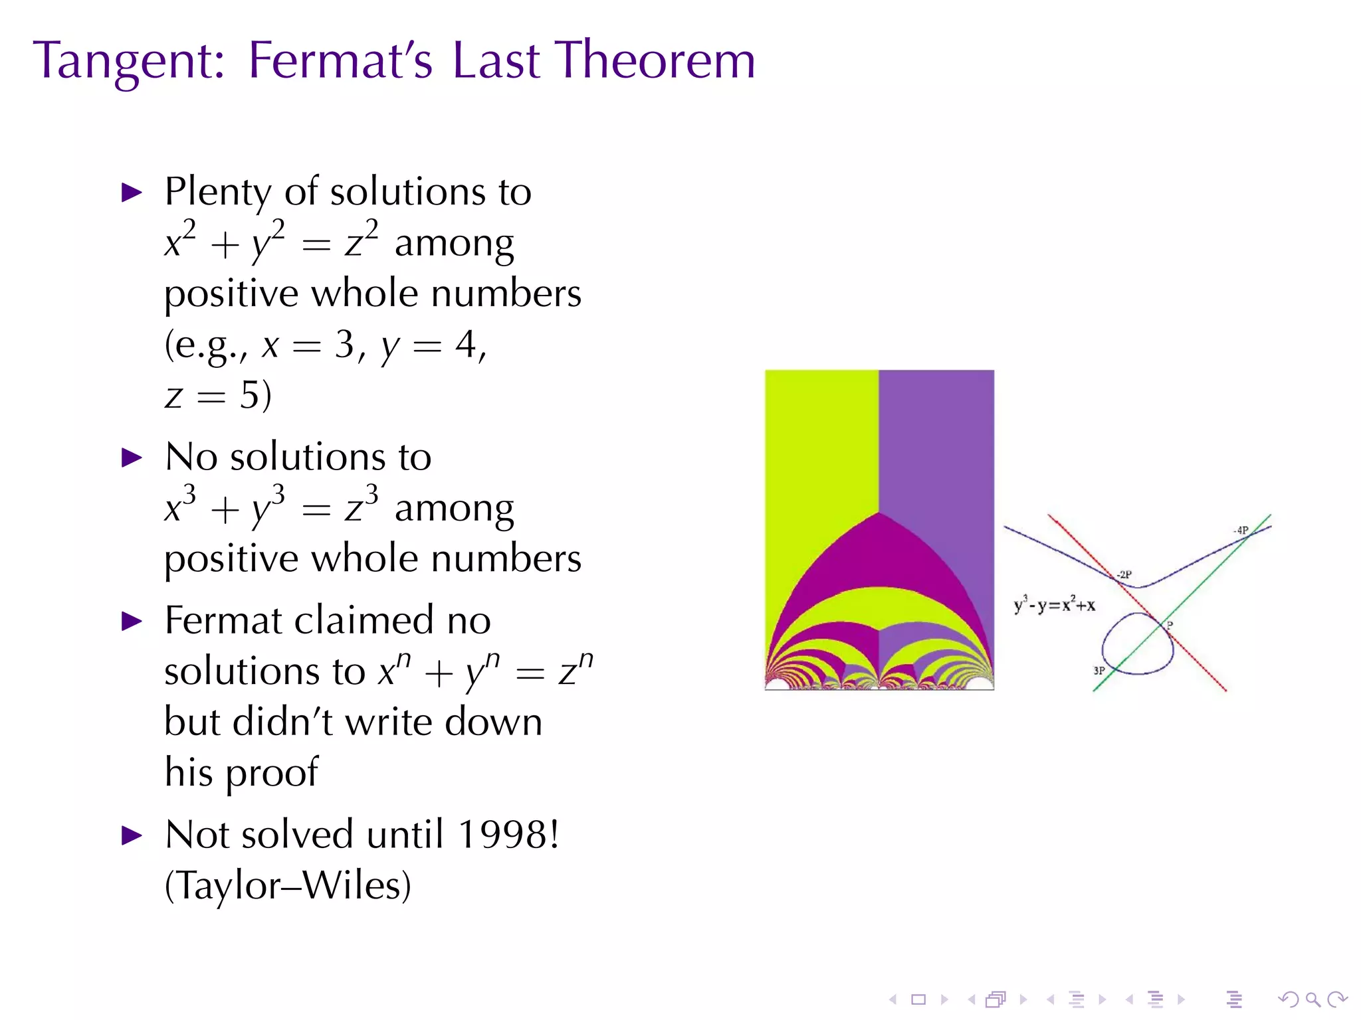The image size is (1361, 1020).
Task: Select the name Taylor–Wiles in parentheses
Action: click(x=288, y=885)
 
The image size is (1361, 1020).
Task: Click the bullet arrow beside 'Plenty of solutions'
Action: click(x=132, y=193)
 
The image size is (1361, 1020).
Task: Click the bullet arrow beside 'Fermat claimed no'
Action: click(x=132, y=622)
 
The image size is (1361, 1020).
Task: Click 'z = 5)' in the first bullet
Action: click(x=218, y=396)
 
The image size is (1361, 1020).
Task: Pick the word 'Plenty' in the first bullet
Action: click(x=218, y=192)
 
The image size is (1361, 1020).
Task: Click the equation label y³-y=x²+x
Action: click(x=1054, y=605)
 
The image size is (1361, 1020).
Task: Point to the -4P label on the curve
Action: click(x=1241, y=530)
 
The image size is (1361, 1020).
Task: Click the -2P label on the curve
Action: click(x=1124, y=574)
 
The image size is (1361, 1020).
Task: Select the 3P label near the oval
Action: click(x=1099, y=670)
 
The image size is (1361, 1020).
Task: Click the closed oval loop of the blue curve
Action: click(x=1137, y=643)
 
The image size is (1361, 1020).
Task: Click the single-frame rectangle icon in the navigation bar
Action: click(x=918, y=999)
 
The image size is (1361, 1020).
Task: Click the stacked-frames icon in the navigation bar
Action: click(x=995, y=999)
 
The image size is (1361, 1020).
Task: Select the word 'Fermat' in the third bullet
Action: click(x=224, y=620)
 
